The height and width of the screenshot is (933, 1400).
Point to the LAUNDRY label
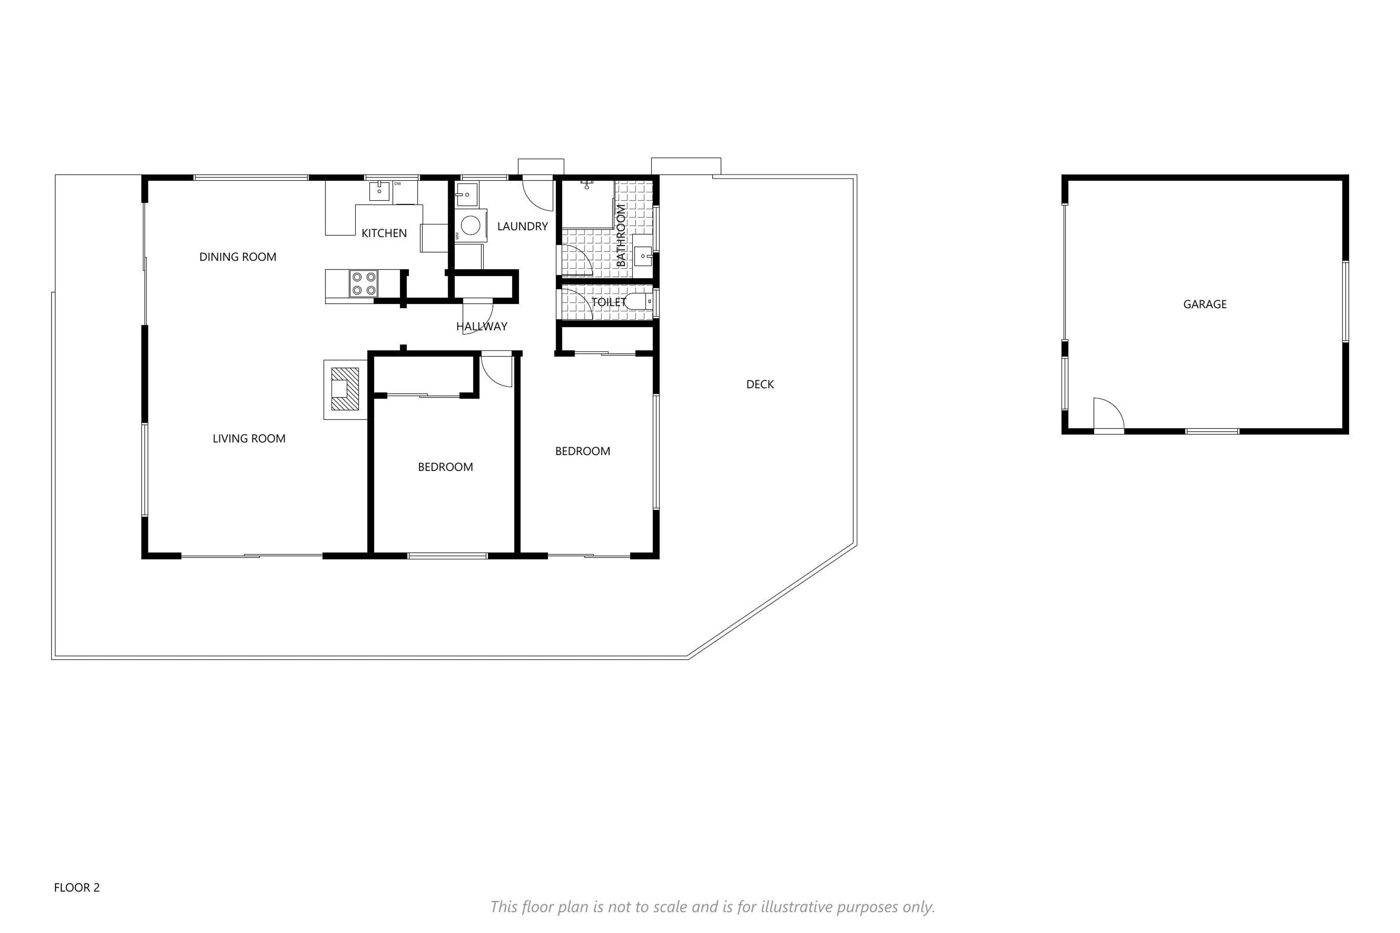(522, 226)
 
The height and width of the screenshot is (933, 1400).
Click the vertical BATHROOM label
(621, 235)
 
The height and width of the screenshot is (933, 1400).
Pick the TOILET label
(608, 302)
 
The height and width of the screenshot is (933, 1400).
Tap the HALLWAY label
(482, 326)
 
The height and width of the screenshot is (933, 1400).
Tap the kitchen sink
(379, 192)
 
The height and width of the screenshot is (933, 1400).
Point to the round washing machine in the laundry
(471, 226)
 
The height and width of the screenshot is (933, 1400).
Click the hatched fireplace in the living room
(345, 389)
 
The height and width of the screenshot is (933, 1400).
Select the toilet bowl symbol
(639, 302)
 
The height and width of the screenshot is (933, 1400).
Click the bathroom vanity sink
(643, 256)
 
